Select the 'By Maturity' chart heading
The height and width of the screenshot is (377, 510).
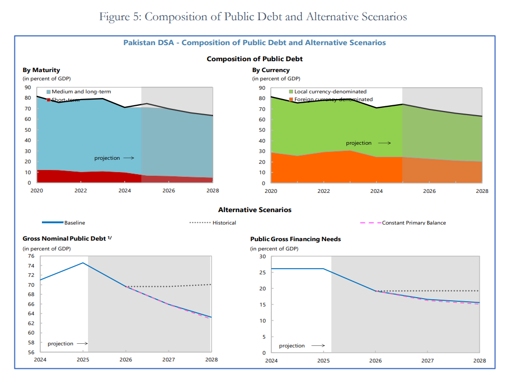41,70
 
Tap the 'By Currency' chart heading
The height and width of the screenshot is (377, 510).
271,70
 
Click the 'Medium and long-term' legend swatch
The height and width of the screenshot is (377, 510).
49,92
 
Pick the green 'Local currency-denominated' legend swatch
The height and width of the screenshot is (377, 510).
292,92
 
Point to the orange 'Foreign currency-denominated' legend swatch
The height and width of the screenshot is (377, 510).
292,99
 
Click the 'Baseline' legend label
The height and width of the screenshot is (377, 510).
75,223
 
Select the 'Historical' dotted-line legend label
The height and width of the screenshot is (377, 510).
224,223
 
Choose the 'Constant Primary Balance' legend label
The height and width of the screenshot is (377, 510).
414,223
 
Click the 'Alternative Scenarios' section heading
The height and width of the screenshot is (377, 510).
254,210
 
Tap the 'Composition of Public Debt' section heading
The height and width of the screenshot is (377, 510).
254,59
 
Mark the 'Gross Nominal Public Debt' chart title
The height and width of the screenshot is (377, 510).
65,239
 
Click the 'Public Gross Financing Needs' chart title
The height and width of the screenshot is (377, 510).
295,239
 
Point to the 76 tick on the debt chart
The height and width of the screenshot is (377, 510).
31,256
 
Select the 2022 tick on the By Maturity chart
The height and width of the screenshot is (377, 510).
81,190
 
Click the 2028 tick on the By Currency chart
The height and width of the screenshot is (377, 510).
482,191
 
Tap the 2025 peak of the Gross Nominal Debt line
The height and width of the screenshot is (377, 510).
83,263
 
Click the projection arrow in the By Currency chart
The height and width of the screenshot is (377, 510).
384,143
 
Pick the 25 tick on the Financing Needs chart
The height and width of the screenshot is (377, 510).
262,272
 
